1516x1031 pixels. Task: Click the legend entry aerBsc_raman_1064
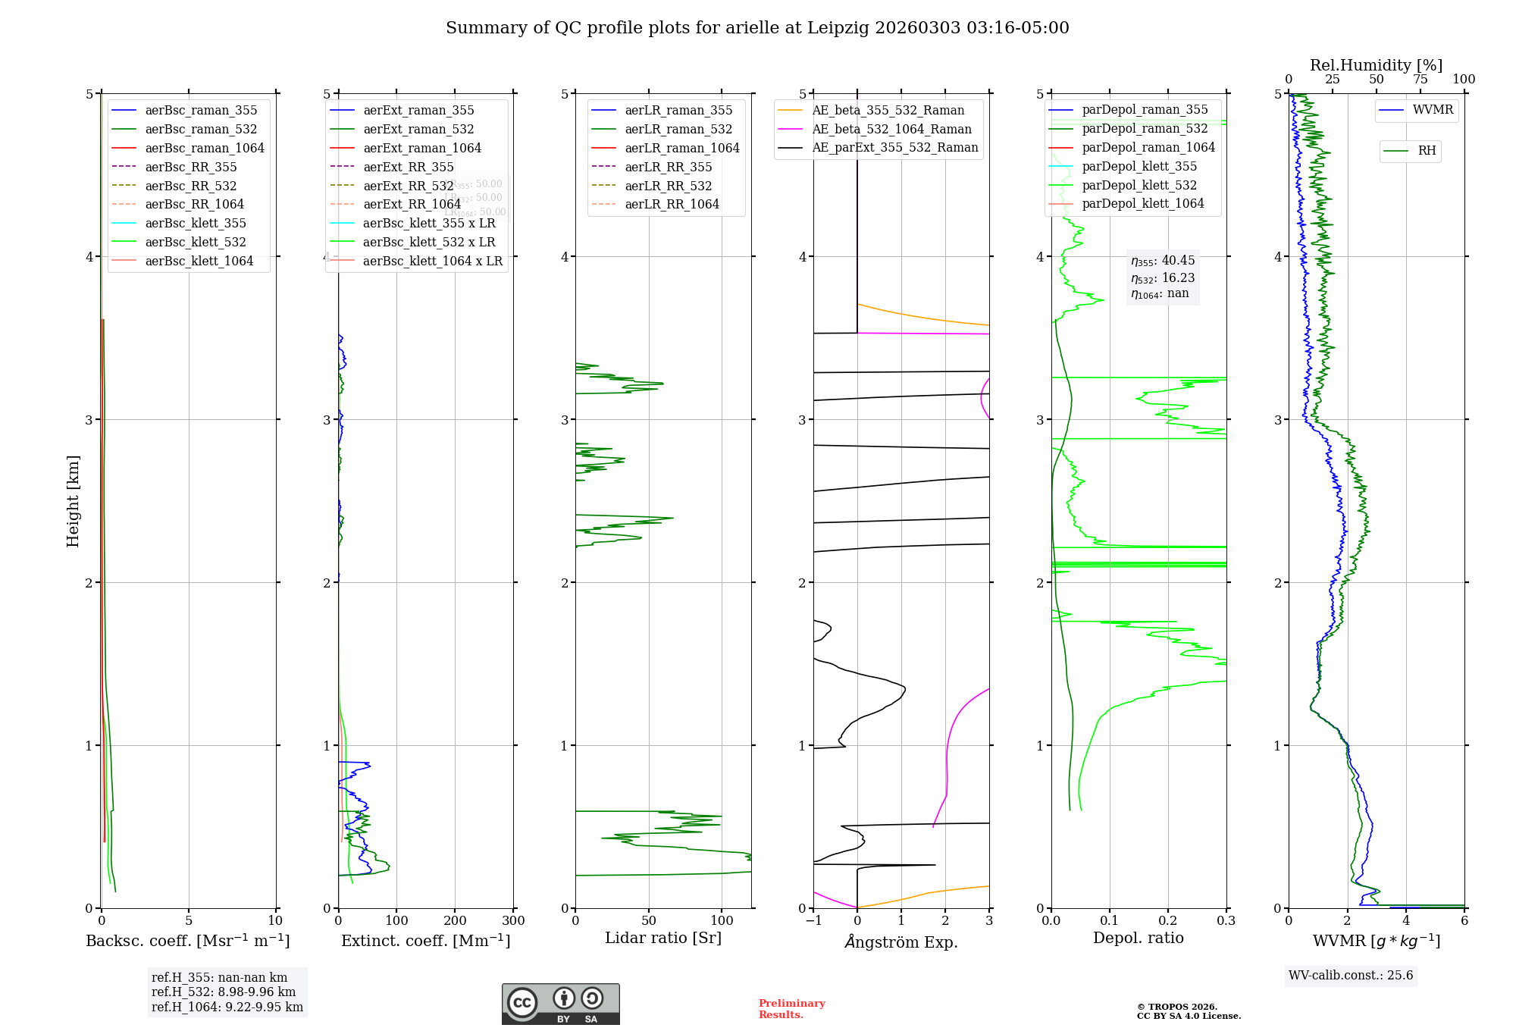click(205, 148)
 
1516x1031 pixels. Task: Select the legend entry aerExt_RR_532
click(409, 186)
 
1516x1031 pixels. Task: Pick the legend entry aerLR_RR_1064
click(672, 204)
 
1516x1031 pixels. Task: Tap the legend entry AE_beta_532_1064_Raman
click(891, 129)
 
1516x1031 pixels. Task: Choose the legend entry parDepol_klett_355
click(1139, 166)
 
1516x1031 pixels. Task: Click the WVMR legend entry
click(1433, 110)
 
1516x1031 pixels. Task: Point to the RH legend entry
click(1427, 151)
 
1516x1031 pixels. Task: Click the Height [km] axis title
click(73, 501)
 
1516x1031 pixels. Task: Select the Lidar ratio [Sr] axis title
click(663, 938)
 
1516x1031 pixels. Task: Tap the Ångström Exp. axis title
click(901, 942)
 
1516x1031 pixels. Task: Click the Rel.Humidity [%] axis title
click(1376, 65)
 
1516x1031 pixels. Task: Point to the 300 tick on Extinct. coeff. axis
click(513, 921)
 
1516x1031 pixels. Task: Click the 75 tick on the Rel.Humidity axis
click(1420, 80)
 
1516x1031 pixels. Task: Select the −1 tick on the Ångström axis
click(813, 921)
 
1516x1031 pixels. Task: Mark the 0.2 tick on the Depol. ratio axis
click(1168, 921)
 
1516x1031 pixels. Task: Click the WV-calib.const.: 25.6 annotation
click(1351, 976)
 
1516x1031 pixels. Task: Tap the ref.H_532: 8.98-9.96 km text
click(224, 992)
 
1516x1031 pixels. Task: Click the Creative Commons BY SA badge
click(560, 1004)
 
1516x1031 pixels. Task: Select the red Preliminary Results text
click(791, 1009)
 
